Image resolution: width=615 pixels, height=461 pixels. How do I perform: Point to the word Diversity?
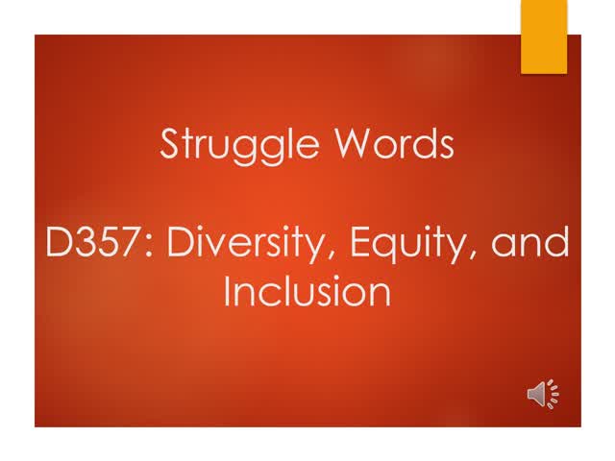(x=241, y=244)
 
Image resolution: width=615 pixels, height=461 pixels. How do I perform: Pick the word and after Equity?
(x=529, y=244)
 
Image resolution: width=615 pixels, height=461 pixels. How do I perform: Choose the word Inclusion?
(x=307, y=291)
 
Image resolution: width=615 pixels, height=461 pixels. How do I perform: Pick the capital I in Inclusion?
(x=228, y=291)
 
